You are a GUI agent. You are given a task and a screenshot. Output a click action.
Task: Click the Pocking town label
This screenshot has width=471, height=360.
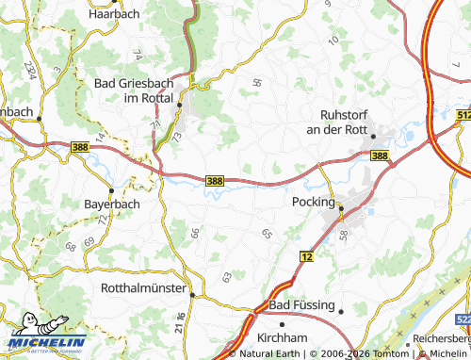314,202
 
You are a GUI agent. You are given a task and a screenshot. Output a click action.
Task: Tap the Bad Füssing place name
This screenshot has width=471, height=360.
301,306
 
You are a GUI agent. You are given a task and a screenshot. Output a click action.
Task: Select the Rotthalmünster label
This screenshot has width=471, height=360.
142,289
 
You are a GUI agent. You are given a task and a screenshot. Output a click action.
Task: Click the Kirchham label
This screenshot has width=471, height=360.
282,336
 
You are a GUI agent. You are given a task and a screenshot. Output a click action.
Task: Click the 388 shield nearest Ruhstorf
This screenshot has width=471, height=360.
379,155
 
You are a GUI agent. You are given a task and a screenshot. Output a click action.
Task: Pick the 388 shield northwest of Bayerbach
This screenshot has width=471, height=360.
81,146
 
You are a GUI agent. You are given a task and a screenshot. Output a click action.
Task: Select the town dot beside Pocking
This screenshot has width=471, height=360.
342,207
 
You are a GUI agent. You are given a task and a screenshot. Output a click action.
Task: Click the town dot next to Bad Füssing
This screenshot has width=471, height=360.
342,310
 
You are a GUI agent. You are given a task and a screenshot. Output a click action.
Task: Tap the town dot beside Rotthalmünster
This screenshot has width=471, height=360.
192,294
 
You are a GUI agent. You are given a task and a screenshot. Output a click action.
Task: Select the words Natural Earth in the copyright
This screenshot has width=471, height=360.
268,354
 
